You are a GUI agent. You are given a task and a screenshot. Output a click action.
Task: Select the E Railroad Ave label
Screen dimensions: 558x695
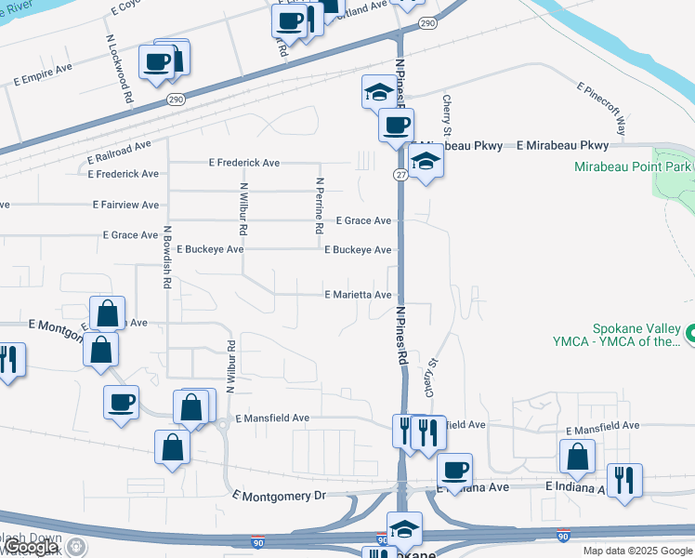[116, 146]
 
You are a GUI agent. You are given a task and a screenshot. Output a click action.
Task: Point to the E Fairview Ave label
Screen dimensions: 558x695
[125, 205]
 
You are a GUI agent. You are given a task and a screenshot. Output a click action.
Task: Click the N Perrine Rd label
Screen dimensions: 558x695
[319, 206]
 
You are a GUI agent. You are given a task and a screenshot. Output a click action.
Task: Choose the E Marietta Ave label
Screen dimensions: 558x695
[358, 295]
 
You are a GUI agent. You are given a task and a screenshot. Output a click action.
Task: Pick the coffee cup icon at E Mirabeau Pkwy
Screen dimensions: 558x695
[396, 125]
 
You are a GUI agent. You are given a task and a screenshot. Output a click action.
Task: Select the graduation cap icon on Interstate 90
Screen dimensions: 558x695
[404, 529]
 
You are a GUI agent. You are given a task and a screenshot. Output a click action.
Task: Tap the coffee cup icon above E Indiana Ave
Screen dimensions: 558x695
[454, 470]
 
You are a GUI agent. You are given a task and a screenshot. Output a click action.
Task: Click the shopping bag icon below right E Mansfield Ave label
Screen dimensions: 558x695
[577, 456]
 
